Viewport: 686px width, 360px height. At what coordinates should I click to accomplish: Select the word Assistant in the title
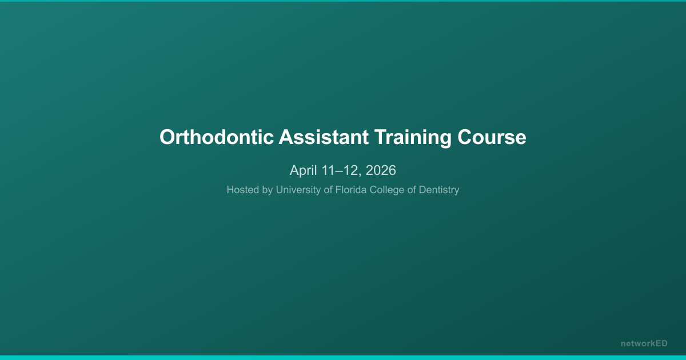(x=323, y=138)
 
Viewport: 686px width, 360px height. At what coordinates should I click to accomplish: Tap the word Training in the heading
(x=413, y=138)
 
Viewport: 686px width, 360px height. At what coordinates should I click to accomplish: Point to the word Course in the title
(x=492, y=138)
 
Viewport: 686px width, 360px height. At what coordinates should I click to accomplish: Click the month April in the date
(x=303, y=170)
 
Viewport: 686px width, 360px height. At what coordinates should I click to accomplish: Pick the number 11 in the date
(x=328, y=170)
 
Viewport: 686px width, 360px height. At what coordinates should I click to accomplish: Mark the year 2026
(x=380, y=170)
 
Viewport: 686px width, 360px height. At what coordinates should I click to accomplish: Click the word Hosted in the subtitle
(x=243, y=190)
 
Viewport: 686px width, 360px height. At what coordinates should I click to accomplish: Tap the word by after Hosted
(x=268, y=190)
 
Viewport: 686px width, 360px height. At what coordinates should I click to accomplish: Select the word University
(x=298, y=190)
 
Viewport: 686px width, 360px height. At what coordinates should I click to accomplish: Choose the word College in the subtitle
(x=389, y=190)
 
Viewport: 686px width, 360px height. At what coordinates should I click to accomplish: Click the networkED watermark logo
(x=644, y=343)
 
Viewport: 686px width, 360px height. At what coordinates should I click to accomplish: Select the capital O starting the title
(x=167, y=138)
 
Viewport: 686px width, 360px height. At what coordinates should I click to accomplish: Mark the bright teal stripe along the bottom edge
(x=343, y=358)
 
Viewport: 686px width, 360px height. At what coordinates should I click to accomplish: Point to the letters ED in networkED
(x=661, y=343)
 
